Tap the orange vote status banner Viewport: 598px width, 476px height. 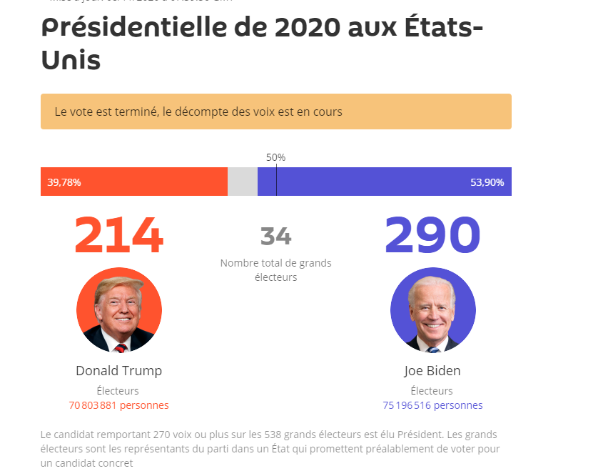tap(275, 111)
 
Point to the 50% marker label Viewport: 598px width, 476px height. tap(275, 157)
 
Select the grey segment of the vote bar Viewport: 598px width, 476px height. tap(243, 182)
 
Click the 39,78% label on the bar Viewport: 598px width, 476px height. tap(64, 182)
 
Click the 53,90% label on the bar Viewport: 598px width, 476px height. tap(487, 182)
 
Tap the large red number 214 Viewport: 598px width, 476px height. tap(118, 235)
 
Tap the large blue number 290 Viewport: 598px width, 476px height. tap(432, 235)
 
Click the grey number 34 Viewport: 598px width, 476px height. tap(275, 236)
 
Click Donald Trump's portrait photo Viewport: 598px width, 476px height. tap(118, 309)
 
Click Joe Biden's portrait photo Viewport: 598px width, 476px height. tap(432, 309)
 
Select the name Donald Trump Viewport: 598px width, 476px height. tap(118, 370)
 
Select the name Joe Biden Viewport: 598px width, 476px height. tap(432, 370)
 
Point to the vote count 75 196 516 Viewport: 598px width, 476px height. tap(407, 405)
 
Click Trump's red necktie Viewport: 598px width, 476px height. tap(121, 348)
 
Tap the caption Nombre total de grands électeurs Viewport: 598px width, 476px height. tap(275, 270)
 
